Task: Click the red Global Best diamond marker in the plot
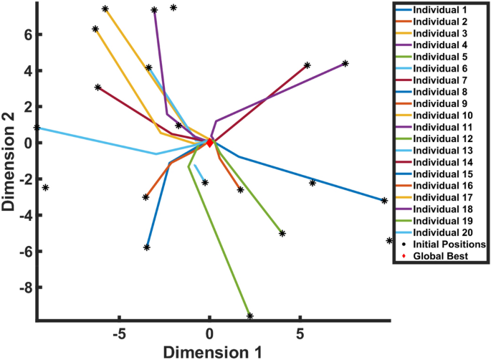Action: tap(209, 143)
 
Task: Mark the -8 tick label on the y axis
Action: tap(20, 288)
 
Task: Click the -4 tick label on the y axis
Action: tap(20, 215)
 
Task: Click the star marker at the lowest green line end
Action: tap(250, 316)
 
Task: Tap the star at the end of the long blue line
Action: tap(384, 201)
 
